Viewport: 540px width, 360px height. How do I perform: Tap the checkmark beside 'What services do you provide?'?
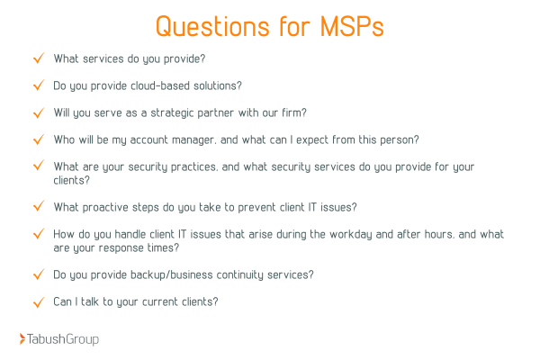point(38,58)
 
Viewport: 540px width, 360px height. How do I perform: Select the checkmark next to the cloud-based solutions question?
point(38,85)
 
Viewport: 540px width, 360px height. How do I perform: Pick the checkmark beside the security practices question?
point(38,166)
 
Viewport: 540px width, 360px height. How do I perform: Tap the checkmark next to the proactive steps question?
point(38,206)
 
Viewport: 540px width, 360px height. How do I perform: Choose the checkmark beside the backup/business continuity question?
point(38,274)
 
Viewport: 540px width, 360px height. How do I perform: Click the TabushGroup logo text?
point(64,339)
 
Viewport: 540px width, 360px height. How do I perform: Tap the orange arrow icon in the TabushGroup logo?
point(22,339)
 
